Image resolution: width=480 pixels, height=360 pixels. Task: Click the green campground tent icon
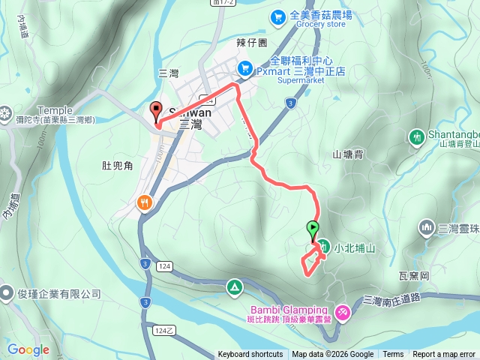point(234,286)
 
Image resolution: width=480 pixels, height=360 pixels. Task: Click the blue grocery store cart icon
point(278,15)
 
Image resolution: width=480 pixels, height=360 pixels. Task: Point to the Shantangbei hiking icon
point(417,136)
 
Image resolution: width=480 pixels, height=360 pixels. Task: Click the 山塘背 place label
point(348,154)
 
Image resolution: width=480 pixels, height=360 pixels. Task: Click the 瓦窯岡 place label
point(414,276)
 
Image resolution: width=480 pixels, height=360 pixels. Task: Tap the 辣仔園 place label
point(252,43)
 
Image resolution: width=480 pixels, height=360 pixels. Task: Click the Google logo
point(28,349)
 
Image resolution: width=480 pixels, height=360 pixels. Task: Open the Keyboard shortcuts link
point(250,355)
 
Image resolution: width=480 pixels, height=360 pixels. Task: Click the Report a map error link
point(444,355)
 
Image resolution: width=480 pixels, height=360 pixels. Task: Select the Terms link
point(393,355)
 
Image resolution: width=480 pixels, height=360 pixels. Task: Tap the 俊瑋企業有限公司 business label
point(56,294)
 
